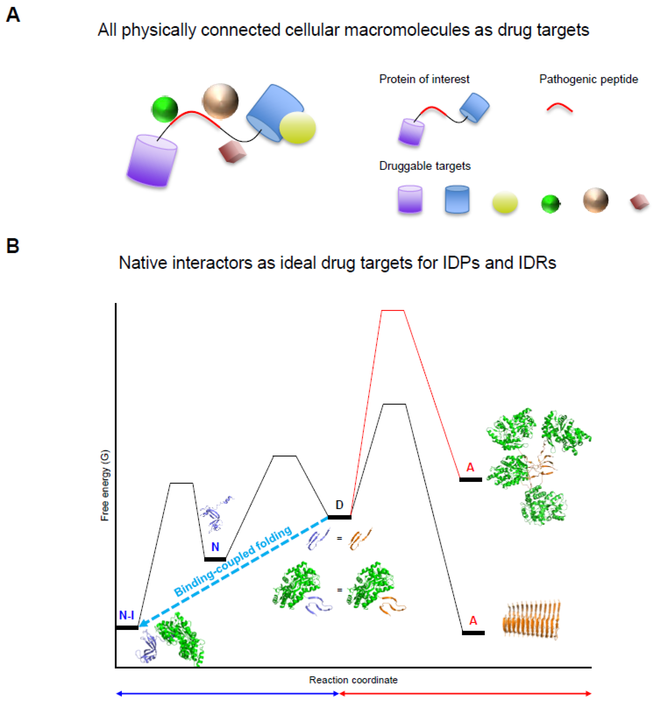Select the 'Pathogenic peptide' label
(589, 79)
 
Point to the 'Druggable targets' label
(425, 166)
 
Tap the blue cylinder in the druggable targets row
(457, 199)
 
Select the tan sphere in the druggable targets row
(596, 200)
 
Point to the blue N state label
(215, 547)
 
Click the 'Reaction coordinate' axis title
(353, 680)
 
